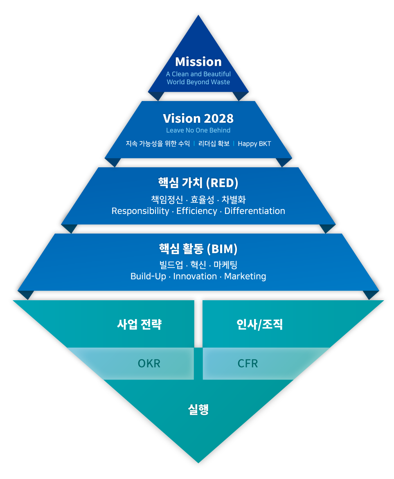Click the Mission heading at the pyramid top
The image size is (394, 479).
pyautogui.click(x=198, y=62)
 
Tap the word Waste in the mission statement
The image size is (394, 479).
pyautogui.click(x=220, y=82)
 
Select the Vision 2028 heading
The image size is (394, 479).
pyautogui.click(x=198, y=119)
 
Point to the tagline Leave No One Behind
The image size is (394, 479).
pyautogui.click(x=198, y=130)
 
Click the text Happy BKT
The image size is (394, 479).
pyautogui.click(x=254, y=144)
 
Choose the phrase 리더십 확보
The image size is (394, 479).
pyautogui.click(x=214, y=144)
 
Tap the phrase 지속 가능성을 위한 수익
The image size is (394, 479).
pyautogui.click(x=158, y=144)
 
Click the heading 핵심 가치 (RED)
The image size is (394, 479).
pyautogui.click(x=198, y=183)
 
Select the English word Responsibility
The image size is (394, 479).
pyautogui.click(x=140, y=211)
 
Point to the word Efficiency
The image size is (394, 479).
pyautogui.click(x=197, y=211)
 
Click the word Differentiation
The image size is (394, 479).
pyautogui.click(x=254, y=211)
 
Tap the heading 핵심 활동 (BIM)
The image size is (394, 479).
pyautogui.click(x=198, y=249)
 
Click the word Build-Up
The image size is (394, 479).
pyautogui.click(x=148, y=277)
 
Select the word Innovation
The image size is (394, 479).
pyautogui.click(x=195, y=277)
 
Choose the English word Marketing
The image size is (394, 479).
pyautogui.click(x=245, y=277)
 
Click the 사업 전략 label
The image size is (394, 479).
pyautogui.click(x=140, y=325)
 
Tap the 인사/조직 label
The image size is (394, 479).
pyautogui.click(x=259, y=325)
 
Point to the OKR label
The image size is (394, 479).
pyautogui.click(x=149, y=363)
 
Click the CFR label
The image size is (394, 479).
pyautogui.click(x=248, y=363)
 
